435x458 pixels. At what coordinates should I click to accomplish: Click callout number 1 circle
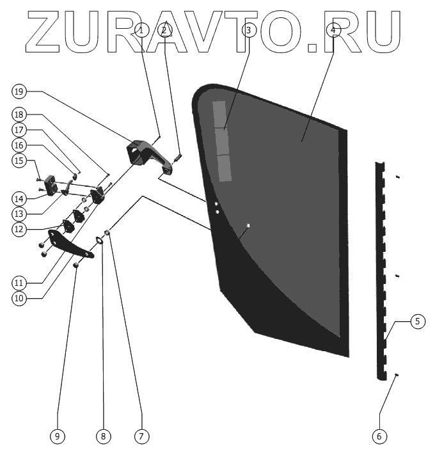(142, 30)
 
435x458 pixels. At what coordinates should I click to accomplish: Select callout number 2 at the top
(164, 30)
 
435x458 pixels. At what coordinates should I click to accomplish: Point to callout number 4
(333, 30)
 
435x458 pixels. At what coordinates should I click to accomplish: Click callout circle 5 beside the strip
(416, 321)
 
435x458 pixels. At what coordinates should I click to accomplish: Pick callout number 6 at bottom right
(379, 436)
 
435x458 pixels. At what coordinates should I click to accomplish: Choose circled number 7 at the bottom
(141, 436)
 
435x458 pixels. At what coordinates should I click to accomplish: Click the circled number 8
(103, 436)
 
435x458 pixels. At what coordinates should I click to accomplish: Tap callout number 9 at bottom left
(57, 436)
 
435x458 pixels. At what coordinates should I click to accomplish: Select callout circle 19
(19, 91)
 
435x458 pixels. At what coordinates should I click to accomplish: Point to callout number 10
(19, 298)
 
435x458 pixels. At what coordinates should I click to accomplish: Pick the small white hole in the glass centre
(248, 225)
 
